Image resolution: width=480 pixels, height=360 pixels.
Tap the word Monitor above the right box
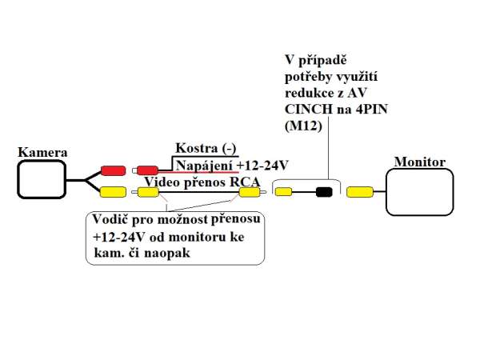[420, 162]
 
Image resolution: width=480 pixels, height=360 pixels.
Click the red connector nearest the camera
[113, 170]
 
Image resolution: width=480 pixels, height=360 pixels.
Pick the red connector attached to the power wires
[146, 170]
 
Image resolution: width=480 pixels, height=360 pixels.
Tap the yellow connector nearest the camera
[113, 191]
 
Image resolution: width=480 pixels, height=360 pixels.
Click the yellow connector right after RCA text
[242, 192]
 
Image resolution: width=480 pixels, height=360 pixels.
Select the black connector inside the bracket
[324, 192]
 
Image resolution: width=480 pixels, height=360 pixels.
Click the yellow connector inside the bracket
[283, 192]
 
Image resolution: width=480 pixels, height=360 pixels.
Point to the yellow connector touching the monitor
[360, 192]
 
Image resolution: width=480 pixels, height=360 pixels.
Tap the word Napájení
[204, 164]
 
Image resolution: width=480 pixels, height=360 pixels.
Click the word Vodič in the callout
[110, 219]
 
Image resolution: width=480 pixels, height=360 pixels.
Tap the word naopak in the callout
[178, 253]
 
